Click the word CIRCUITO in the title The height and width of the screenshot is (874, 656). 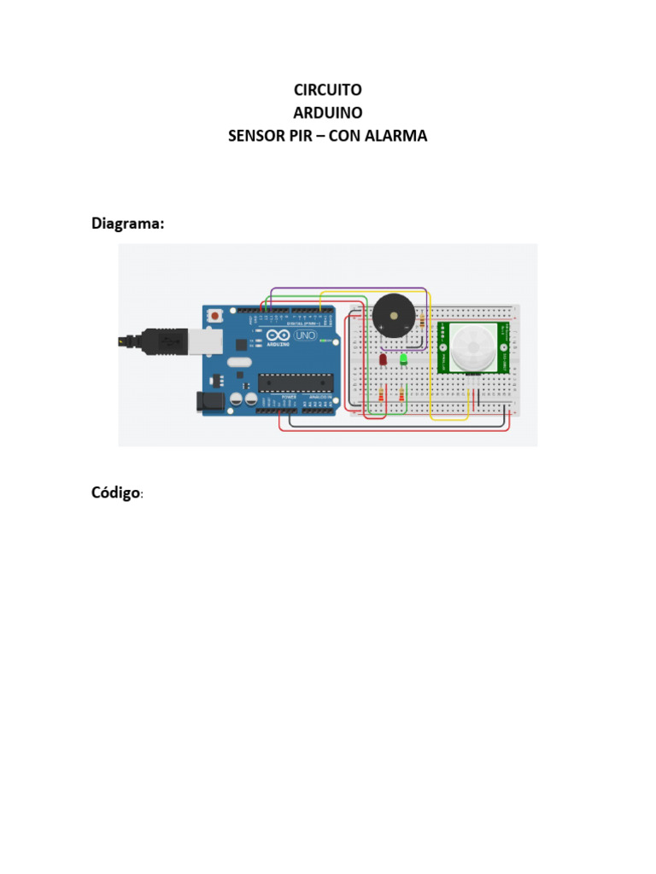pyautogui.click(x=328, y=90)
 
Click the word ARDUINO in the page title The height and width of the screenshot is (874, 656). pyautogui.click(x=328, y=113)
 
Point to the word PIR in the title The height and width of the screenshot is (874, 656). pyautogui.click(x=305, y=136)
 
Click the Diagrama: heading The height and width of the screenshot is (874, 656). pyautogui.click(x=128, y=224)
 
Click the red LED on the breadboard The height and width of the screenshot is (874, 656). pyautogui.click(x=383, y=361)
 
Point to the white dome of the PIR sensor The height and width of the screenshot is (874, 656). pyautogui.click(x=471, y=348)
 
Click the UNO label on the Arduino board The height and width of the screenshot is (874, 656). pyautogui.click(x=305, y=336)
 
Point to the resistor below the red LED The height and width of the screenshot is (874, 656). pyautogui.click(x=381, y=394)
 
